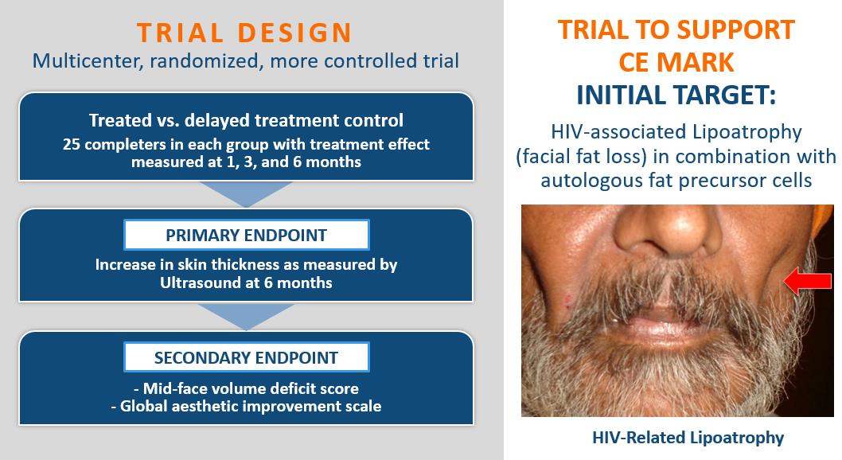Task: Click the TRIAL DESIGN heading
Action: pos(244,32)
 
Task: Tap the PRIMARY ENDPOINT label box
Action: pos(247,235)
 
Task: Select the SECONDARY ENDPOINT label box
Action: pos(247,357)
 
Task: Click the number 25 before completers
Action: pos(71,144)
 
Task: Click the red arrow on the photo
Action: pos(808,281)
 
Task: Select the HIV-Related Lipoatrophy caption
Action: pos(688,438)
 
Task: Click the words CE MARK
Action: pos(676,62)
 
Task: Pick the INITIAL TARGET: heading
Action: pos(676,95)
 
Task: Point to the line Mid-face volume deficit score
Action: pos(246,388)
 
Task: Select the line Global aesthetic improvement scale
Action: pos(246,407)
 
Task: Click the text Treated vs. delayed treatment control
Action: pos(246,120)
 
